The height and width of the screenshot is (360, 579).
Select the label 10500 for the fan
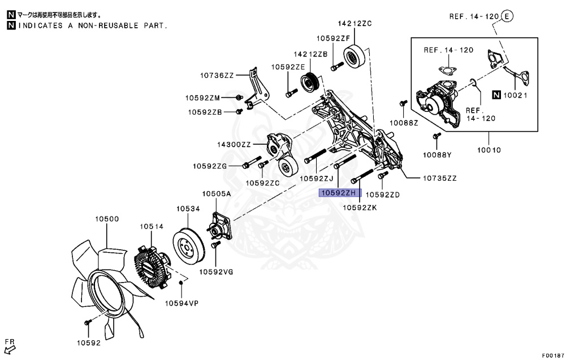(x=106, y=218)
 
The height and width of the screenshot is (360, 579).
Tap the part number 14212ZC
(x=355, y=24)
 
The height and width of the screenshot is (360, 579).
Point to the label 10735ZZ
(x=440, y=178)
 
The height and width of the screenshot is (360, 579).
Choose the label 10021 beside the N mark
(x=515, y=95)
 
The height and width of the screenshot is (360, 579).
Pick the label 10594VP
(x=182, y=303)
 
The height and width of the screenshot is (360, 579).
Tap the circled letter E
(x=507, y=16)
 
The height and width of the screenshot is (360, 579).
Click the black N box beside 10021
(x=496, y=95)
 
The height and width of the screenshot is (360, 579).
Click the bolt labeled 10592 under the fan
(x=87, y=322)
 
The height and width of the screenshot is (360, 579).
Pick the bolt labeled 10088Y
(x=437, y=136)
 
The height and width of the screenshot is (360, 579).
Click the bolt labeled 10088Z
(x=403, y=103)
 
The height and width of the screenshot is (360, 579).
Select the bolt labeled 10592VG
(x=215, y=246)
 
